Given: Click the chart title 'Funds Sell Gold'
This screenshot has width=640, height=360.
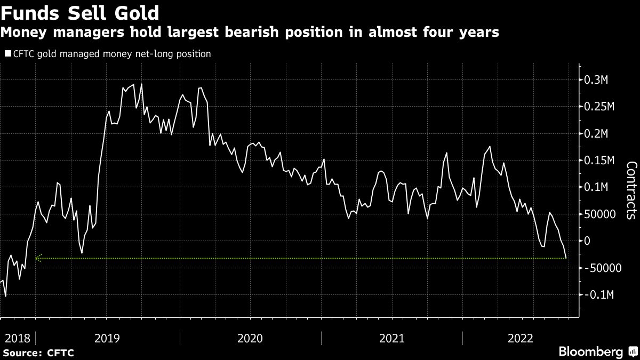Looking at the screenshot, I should coord(81,12).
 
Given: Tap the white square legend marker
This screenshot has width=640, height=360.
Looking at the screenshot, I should coord(7,54).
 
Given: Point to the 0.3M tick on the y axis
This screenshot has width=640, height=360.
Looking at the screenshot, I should coord(600,80).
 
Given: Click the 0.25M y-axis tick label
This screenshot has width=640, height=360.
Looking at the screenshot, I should coord(603,107).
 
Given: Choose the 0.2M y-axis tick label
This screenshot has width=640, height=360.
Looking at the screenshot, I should coord(600,133).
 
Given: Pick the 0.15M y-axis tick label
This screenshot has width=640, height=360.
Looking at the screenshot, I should coord(603,161).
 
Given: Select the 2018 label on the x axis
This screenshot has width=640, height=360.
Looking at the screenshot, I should coord(15,338).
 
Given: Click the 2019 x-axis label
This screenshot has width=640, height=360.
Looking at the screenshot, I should coord(107,338).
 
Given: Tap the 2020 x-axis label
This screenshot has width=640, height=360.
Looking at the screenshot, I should coord(250,338).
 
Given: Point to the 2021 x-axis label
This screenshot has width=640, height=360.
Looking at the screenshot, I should coord(391,338).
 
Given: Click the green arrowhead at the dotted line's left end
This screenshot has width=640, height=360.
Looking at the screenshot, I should coord(38,258).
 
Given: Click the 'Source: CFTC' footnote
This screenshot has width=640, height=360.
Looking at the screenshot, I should coord(38,353).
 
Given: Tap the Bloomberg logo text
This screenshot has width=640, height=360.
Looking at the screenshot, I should coord(590,352).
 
